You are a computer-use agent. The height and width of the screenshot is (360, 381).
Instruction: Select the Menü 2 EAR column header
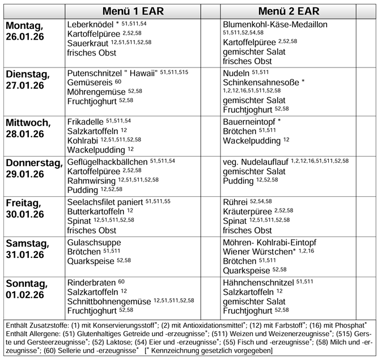point(288,11)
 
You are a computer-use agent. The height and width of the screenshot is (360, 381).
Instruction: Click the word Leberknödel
point(91,25)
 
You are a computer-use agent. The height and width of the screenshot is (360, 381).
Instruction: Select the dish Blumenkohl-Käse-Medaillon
point(283,25)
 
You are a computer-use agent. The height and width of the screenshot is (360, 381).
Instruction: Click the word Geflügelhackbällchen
point(107,162)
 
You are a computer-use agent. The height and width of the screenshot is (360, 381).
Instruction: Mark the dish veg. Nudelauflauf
point(256,162)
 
